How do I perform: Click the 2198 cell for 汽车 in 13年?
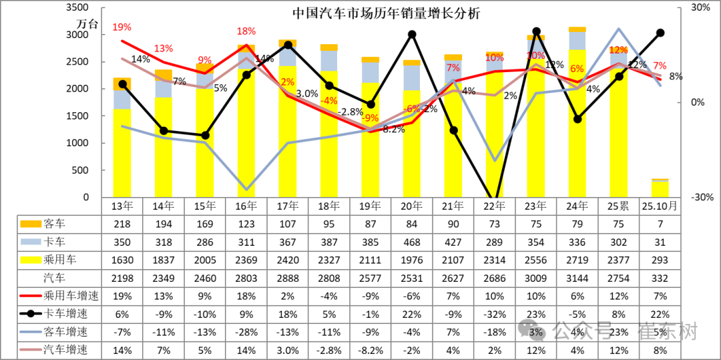tap(122, 277)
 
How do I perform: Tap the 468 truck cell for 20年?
tap(412, 242)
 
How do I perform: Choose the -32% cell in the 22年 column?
tap(494, 313)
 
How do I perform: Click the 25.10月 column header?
tap(660, 206)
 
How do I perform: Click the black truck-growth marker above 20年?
tap(412, 34)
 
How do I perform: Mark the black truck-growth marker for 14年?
tap(164, 131)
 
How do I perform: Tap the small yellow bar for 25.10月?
tap(660, 189)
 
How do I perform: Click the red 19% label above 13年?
tap(122, 27)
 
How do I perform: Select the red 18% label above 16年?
tap(246, 31)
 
